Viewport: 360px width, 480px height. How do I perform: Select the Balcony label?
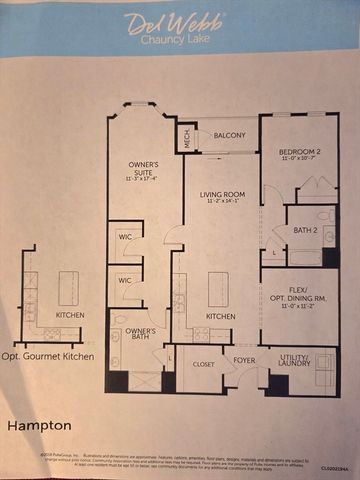point(229,134)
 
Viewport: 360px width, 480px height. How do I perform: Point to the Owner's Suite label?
point(143,172)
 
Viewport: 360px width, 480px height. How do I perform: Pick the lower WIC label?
point(125,281)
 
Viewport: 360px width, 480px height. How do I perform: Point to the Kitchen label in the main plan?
point(220,317)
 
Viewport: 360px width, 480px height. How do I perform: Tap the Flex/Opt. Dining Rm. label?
point(299,298)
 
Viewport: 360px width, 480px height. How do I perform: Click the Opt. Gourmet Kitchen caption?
point(48,356)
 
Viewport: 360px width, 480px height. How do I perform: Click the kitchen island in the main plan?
point(218,289)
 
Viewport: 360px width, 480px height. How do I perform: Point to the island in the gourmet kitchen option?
point(70,288)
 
